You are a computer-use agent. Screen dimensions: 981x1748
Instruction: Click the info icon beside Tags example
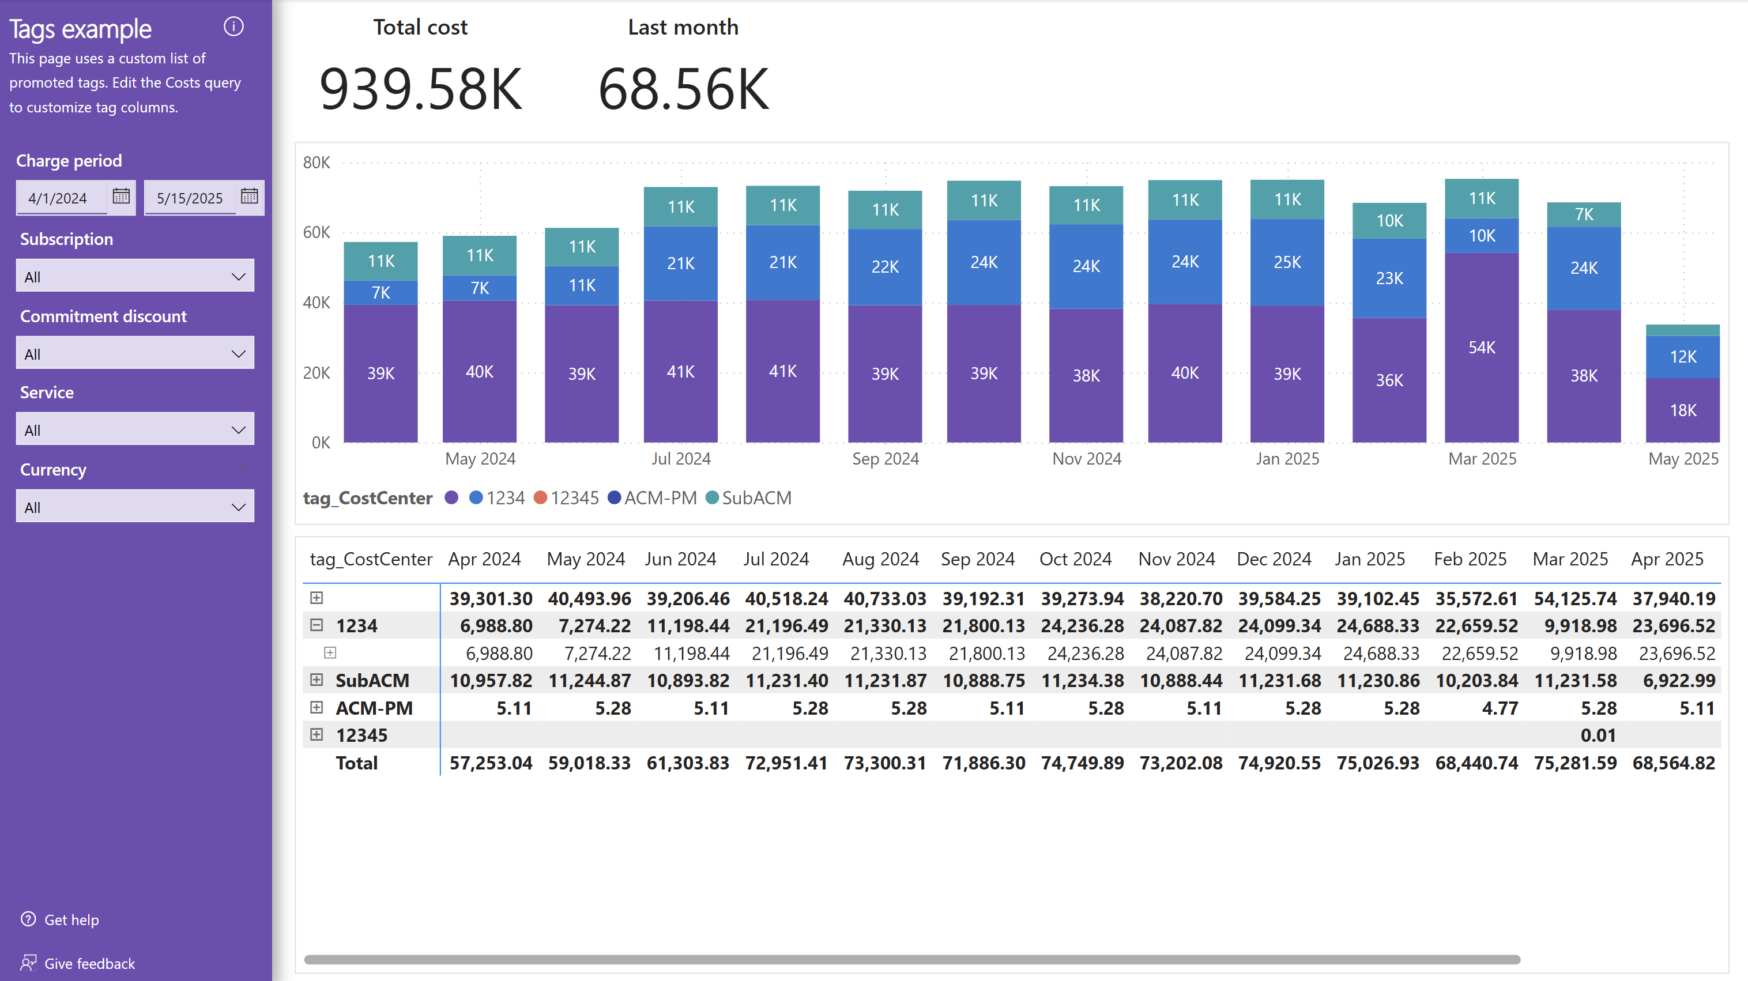click(233, 27)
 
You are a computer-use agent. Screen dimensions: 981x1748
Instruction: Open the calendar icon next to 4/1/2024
click(121, 197)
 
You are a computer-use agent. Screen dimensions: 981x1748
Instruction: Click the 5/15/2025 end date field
click(190, 198)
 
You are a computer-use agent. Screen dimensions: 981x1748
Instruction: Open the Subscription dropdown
click(135, 276)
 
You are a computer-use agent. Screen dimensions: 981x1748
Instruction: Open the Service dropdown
click(135, 430)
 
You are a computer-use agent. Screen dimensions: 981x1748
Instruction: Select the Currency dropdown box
click(135, 507)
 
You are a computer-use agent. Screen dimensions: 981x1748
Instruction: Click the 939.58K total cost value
click(421, 89)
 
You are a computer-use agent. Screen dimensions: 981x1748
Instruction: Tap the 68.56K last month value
click(683, 89)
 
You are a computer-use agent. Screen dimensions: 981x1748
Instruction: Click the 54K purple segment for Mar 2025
click(1481, 348)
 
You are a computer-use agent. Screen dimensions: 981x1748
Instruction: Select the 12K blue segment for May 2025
click(1682, 357)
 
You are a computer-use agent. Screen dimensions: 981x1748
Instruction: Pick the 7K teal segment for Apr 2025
click(1583, 214)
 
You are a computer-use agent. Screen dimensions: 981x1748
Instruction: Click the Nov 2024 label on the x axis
click(1086, 459)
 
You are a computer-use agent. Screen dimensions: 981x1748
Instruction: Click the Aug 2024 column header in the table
click(880, 559)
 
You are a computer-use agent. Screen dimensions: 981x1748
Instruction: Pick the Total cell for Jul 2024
click(786, 763)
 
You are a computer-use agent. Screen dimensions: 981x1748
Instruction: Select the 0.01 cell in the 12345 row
click(1598, 735)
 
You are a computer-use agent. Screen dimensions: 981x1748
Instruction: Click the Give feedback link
click(89, 963)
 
